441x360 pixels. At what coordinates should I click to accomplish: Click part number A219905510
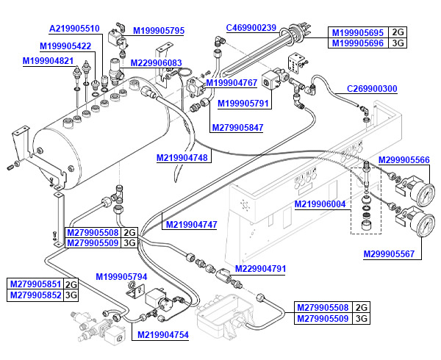click(74, 29)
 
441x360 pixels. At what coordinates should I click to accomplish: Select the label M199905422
click(66, 46)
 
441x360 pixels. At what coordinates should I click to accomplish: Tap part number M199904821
click(48, 61)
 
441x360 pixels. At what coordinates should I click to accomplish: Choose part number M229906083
click(156, 63)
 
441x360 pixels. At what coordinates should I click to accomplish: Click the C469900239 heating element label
click(251, 28)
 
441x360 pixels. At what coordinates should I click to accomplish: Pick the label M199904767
click(231, 82)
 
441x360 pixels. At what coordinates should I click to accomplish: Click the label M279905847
click(237, 128)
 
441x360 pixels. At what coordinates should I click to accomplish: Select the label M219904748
click(182, 157)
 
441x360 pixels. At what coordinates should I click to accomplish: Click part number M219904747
click(191, 225)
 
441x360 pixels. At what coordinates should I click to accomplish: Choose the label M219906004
click(320, 204)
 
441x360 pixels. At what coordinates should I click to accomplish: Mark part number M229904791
click(260, 269)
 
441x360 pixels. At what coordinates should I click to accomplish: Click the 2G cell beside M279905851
click(71, 284)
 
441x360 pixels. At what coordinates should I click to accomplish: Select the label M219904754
click(163, 335)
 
